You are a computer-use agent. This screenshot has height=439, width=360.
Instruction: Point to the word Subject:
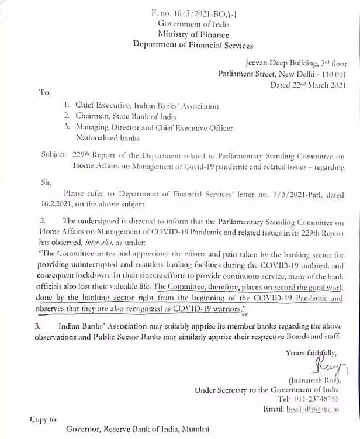(x=53, y=156)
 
